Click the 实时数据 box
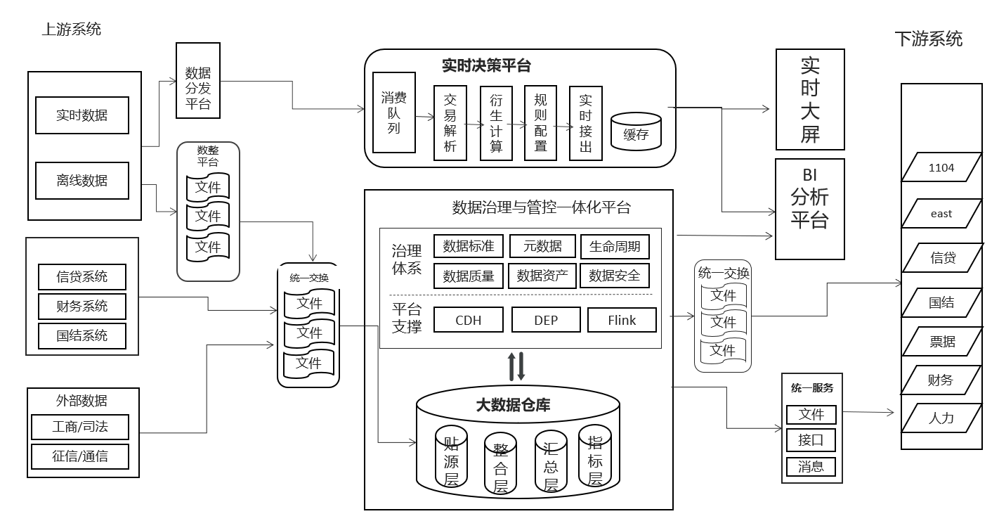pyautogui.click(x=82, y=115)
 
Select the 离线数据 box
pyautogui.click(x=82, y=181)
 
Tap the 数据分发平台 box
pyautogui.click(x=198, y=80)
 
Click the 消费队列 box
pyautogui.click(x=394, y=112)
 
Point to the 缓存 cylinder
pyautogui.click(x=636, y=131)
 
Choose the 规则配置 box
pyautogui.click(x=540, y=123)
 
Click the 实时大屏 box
pyautogui.click(x=810, y=100)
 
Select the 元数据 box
pyautogui.click(x=542, y=246)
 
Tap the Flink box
pyautogui.click(x=622, y=320)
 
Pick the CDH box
pyautogui.click(x=469, y=320)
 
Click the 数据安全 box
pyautogui.click(x=614, y=276)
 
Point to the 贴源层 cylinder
pyautogui.click(x=451, y=456)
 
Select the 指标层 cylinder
pyautogui.click(x=595, y=456)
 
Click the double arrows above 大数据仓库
pyautogui.click(x=516, y=366)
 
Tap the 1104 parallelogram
pyautogui.click(x=941, y=167)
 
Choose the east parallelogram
pyautogui.click(x=941, y=214)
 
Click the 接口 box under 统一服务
pyautogui.click(x=811, y=440)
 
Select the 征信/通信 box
pyautogui.click(x=80, y=456)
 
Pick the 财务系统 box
pyautogui.click(x=82, y=307)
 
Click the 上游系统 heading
pyautogui.click(x=72, y=30)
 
